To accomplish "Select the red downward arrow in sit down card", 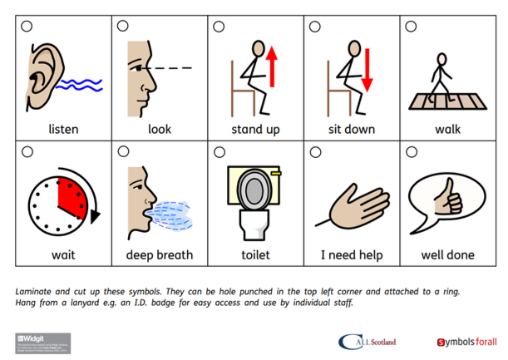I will pyautogui.click(x=367, y=71).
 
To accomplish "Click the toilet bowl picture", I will pyautogui.click(x=254, y=200).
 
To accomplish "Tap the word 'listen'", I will pyautogui.click(x=63, y=130).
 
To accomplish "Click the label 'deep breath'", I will pyautogui.click(x=159, y=254).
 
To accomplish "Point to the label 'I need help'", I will pyautogui.click(x=352, y=254).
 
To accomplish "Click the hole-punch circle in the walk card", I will pyautogui.click(x=410, y=27).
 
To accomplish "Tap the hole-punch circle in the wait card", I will pyautogui.click(x=27, y=152).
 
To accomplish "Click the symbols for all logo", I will pyautogui.click(x=465, y=342).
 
